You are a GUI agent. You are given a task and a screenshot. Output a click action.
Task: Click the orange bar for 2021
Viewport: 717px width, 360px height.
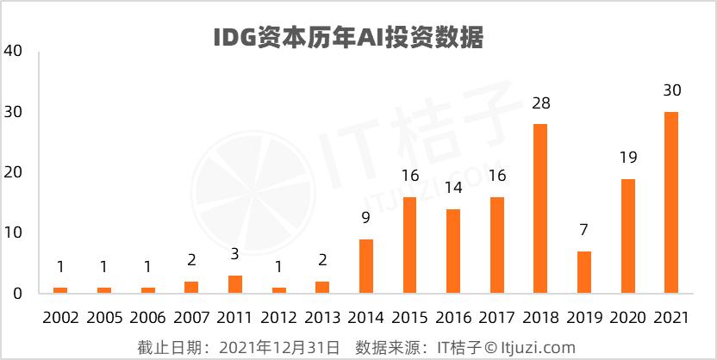[x=671, y=202]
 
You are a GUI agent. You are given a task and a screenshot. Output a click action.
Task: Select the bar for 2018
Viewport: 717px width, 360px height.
[x=540, y=208]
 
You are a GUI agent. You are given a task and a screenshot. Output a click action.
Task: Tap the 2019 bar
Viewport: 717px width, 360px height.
[x=584, y=272]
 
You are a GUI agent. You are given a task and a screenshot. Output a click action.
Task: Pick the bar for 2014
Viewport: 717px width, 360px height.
[x=365, y=266]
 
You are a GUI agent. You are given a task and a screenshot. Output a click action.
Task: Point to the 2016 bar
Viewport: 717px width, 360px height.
[x=453, y=251]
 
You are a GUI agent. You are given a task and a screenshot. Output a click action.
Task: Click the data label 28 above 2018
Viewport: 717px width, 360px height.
[x=540, y=104]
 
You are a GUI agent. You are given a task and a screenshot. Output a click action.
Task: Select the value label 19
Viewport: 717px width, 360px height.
[x=627, y=158]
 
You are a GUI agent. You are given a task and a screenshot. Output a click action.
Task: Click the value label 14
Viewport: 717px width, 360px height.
[x=453, y=189]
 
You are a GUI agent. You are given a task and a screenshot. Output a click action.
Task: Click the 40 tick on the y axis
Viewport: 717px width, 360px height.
[x=13, y=52]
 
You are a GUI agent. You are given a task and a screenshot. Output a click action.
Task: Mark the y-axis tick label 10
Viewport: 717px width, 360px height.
[x=13, y=233]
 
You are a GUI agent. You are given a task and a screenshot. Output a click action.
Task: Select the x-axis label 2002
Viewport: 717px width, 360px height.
[x=59, y=318]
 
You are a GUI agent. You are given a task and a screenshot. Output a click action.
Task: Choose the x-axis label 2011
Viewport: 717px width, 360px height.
[x=234, y=318]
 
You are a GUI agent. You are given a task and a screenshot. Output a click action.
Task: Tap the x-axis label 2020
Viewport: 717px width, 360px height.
[x=627, y=318]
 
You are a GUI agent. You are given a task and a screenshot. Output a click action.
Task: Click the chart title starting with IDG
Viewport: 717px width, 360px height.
[x=348, y=39]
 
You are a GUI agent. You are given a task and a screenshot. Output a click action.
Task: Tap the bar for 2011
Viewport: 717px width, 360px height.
[x=234, y=284]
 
